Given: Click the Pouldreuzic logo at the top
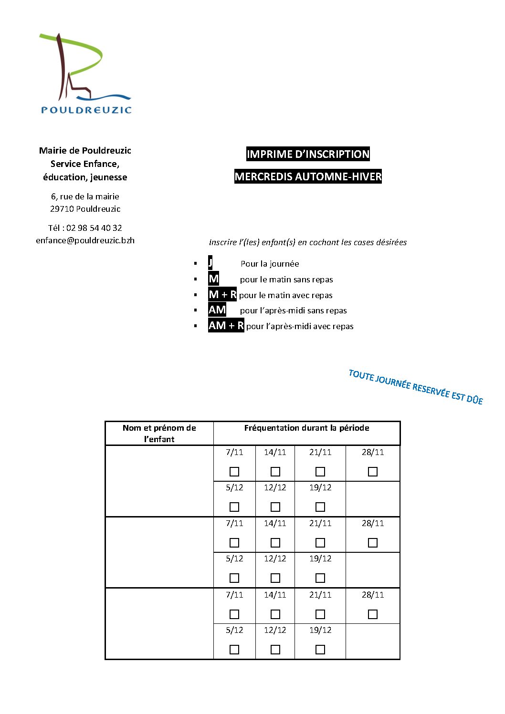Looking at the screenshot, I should [85, 74].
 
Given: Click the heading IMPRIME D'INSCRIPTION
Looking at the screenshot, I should [308, 154].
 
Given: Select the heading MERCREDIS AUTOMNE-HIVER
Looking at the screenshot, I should [308, 176].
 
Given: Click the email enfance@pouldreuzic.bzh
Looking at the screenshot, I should [85, 240].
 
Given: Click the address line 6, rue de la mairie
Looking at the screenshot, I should [85, 197].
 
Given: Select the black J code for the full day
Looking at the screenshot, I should [210, 263].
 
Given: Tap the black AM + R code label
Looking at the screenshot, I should [226, 326].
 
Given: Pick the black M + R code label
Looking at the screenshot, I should [222, 295].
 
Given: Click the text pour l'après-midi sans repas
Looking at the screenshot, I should [293, 310].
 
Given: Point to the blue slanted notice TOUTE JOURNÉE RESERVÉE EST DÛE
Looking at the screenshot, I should [415, 387].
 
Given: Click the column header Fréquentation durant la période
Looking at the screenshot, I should [306, 428].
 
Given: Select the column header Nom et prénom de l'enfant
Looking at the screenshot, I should [159, 433].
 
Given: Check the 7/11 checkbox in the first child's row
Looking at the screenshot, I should [234, 472].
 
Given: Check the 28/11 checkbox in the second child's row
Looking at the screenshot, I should [373, 543].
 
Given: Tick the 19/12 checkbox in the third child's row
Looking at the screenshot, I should [320, 650].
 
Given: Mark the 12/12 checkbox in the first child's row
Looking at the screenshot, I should [275, 507].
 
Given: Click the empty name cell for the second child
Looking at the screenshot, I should [159, 552].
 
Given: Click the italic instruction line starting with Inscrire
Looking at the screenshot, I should [308, 242].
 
